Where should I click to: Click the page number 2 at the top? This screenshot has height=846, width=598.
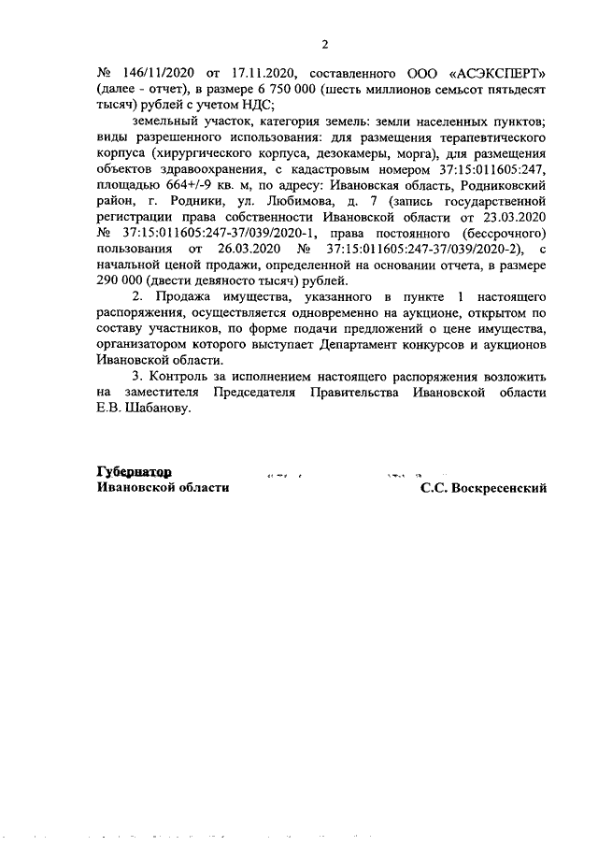[325, 44]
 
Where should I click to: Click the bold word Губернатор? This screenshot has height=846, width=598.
[133, 471]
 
